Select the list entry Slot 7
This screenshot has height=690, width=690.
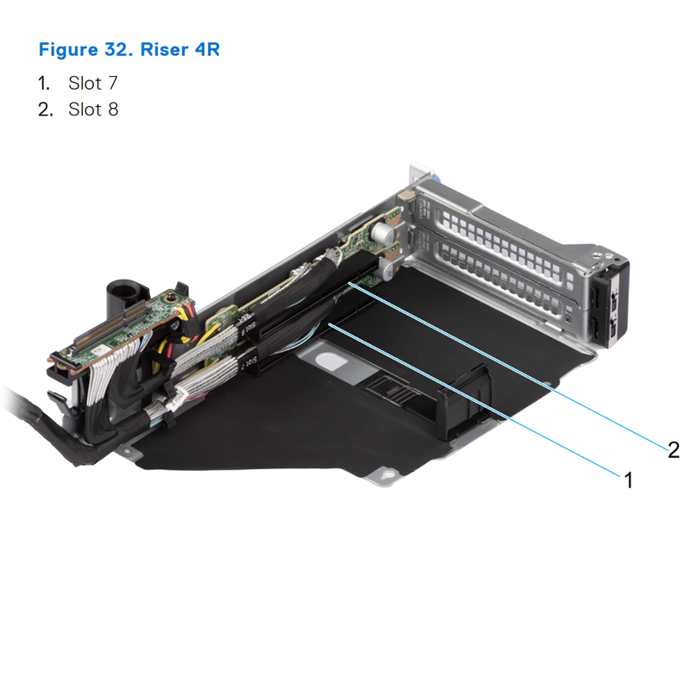coord(92,84)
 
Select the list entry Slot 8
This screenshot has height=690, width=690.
coord(93,110)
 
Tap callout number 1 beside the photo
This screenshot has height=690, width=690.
coord(629,480)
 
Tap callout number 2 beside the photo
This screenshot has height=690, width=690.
coord(673,448)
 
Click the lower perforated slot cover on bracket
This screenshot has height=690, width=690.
coord(509,276)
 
